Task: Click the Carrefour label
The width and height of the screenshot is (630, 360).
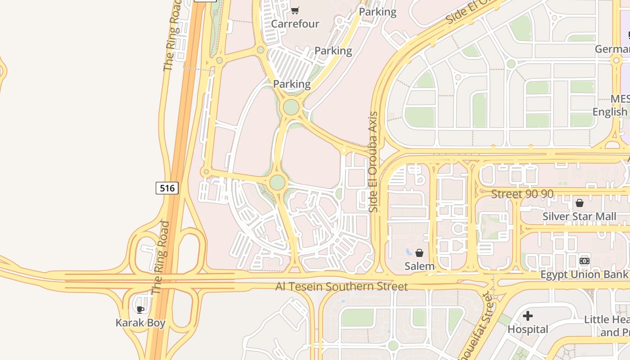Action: (295, 24)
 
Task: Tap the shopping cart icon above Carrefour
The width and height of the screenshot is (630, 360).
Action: (295, 10)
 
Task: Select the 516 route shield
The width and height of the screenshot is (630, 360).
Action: (167, 188)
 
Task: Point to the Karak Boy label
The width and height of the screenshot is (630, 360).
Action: (140, 323)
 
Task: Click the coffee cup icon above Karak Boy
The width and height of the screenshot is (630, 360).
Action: (140, 309)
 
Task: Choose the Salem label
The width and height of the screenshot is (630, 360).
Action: (419, 266)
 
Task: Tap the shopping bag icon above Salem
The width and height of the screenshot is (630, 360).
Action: (419, 253)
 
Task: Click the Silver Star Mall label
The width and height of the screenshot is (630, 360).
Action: (579, 216)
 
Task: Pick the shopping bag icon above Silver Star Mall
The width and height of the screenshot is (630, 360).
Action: (580, 203)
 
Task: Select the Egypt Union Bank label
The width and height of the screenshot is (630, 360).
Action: (584, 274)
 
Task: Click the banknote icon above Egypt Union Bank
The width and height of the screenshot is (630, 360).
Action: (585, 261)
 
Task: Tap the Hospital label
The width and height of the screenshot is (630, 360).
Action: (528, 329)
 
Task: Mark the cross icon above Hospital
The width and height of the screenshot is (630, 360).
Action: (528, 316)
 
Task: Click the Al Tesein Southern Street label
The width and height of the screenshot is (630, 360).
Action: (342, 287)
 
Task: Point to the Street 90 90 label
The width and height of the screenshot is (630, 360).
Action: (522, 194)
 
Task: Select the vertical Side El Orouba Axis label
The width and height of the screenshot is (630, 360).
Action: (373, 162)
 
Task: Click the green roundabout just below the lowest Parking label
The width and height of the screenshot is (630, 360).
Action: (291, 107)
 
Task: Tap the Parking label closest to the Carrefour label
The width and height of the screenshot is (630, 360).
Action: (333, 51)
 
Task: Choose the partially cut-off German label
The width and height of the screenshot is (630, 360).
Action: (612, 49)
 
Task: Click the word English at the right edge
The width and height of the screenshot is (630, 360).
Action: (610, 112)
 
